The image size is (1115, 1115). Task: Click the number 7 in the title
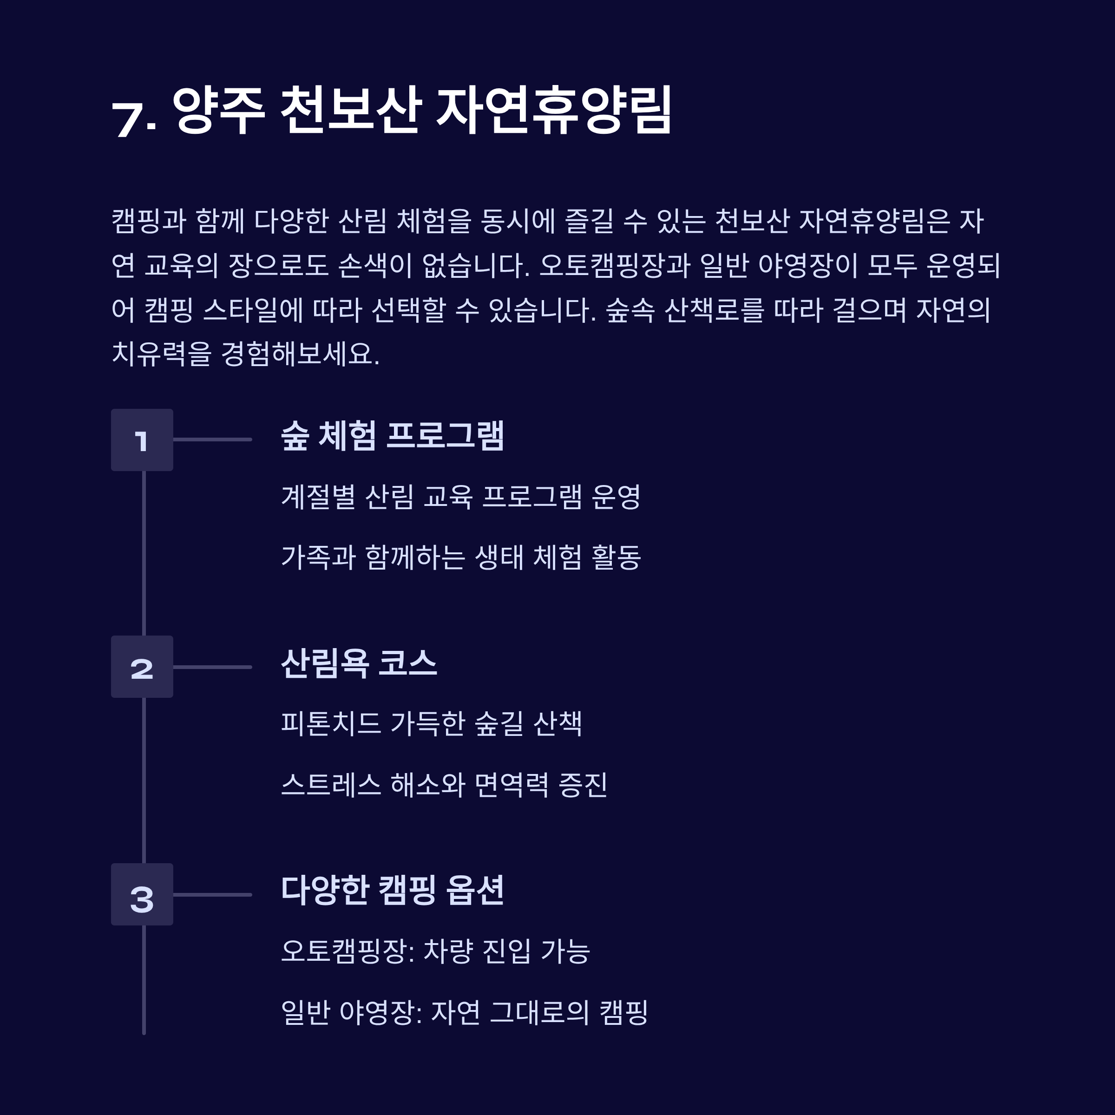pos(128,119)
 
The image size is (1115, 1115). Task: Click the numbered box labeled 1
pos(142,440)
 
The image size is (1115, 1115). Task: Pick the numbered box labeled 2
pos(142,667)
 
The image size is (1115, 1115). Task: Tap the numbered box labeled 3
pos(142,894)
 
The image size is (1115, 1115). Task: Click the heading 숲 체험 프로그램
pos(393,436)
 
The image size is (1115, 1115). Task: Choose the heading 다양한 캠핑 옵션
pos(393,890)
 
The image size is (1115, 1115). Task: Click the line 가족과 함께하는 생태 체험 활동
pos(460,557)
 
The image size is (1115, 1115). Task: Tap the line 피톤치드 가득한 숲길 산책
pos(431,723)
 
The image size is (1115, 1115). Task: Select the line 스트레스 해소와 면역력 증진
pos(444,784)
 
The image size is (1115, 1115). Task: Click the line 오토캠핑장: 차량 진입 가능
pos(435,951)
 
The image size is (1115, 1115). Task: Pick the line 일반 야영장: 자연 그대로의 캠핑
pos(464,1012)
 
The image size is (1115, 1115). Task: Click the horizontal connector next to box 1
pos(212,440)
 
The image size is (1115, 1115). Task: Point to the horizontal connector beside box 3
pos(212,894)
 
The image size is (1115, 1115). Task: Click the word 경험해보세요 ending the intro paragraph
pos(300,354)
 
